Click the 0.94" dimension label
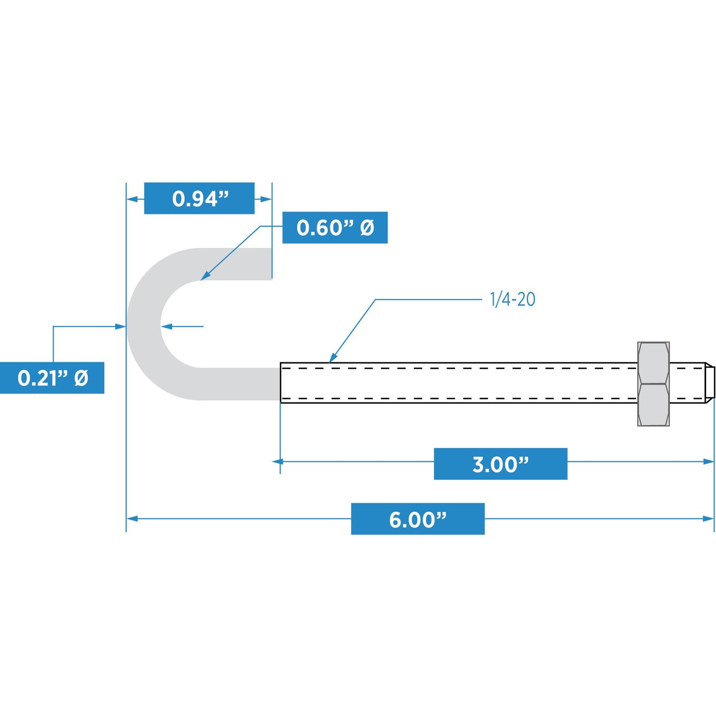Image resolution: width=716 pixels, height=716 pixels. click(199, 198)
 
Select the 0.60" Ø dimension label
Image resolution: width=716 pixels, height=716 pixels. click(335, 227)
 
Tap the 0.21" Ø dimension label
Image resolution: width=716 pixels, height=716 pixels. click(52, 378)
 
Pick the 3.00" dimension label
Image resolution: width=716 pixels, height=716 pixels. click(500, 464)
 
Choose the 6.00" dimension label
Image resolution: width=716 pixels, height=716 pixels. click(418, 519)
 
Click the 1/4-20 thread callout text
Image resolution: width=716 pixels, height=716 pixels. click(513, 299)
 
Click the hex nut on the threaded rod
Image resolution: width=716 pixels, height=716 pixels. click(654, 384)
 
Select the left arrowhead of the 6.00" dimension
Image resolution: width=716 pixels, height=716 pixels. click(132, 519)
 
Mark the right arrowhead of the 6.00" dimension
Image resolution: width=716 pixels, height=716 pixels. click(709, 519)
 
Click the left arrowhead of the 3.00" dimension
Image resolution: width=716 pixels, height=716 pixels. click(278, 461)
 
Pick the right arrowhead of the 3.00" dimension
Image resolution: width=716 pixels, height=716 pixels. click(709, 461)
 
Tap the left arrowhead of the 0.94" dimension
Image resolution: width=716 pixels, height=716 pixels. click(132, 199)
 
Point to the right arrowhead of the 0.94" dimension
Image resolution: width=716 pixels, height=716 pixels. click(266, 199)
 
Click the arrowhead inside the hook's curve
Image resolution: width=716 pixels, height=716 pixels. click(166, 327)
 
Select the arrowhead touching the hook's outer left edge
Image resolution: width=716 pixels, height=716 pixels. click(121, 327)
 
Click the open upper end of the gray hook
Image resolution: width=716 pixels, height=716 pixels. click(271, 264)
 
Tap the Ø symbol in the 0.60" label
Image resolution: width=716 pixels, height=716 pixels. click(367, 227)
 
